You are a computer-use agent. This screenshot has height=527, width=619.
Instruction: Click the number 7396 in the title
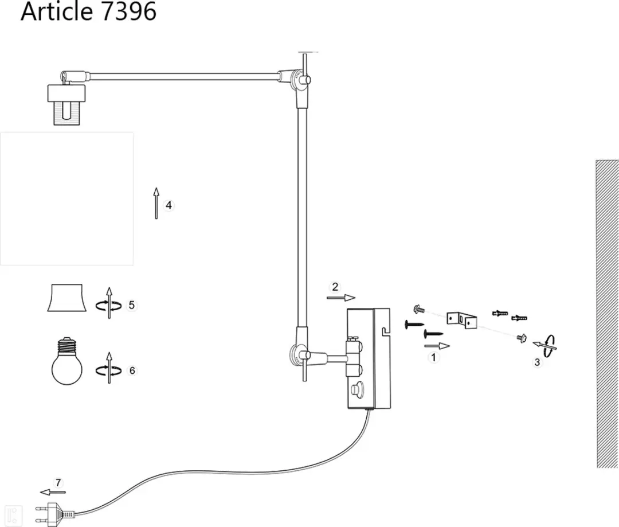click(129, 11)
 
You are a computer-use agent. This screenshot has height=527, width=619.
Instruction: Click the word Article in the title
click(57, 11)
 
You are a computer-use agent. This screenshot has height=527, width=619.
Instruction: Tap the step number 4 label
click(169, 205)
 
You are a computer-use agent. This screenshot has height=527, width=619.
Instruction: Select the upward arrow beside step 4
click(156, 203)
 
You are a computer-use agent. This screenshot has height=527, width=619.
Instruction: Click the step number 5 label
click(131, 306)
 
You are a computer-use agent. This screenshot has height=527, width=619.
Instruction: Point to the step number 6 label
click(132, 370)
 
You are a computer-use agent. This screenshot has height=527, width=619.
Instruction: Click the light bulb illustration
click(66, 361)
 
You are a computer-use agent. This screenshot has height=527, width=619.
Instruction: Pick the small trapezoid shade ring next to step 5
click(66, 298)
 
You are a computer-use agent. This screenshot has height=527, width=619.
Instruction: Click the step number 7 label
click(58, 483)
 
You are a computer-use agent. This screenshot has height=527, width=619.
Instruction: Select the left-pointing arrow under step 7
click(53, 492)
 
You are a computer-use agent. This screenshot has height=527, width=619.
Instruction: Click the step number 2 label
click(335, 287)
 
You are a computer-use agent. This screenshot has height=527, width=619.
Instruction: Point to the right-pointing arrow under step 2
click(341, 298)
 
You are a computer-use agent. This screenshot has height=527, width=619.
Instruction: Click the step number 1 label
click(433, 357)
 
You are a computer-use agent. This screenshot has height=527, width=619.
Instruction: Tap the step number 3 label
click(537, 362)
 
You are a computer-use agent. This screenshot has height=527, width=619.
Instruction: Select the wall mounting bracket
click(462, 320)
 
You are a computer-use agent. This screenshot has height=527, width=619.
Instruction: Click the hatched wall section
click(607, 314)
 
